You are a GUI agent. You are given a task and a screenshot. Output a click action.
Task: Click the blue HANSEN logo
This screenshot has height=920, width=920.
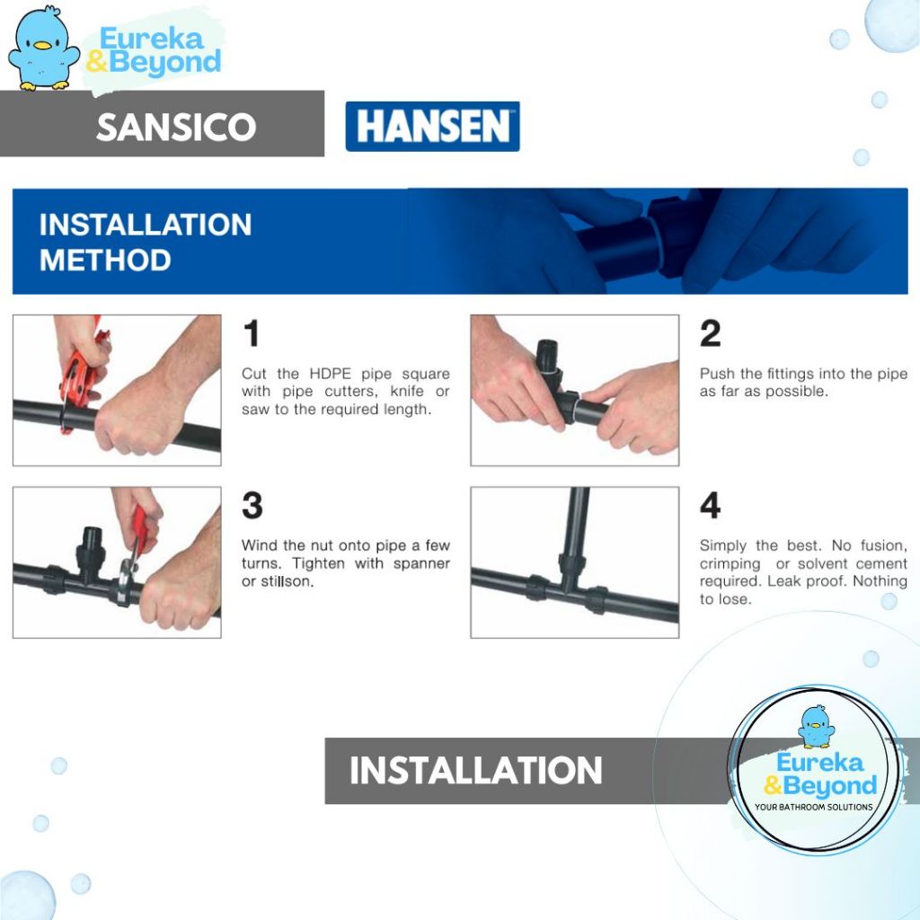(432, 126)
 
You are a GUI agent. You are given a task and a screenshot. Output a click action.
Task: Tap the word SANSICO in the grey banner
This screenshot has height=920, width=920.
(176, 127)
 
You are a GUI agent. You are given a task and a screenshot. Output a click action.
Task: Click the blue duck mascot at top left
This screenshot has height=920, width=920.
(43, 49)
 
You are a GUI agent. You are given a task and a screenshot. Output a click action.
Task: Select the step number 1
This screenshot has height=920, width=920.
(252, 333)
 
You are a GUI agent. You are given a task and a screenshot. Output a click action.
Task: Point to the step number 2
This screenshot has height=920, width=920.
(710, 333)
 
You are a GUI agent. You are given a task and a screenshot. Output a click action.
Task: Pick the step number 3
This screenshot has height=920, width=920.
(252, 505)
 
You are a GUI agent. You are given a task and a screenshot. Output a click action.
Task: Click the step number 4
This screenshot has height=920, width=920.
(710, 505)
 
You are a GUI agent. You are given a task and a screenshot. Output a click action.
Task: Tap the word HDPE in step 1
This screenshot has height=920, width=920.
(331, 374)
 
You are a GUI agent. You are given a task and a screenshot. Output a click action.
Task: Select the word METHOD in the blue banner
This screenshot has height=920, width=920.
(105, 260)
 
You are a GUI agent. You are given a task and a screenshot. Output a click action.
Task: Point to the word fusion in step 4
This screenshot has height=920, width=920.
(884, 545)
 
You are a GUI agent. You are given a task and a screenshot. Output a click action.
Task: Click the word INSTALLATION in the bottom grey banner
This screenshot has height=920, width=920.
(476, 770)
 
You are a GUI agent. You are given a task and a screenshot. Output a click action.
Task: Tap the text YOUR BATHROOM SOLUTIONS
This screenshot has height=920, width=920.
(813, 808)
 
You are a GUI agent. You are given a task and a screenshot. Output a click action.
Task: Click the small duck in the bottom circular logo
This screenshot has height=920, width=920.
(816, 726)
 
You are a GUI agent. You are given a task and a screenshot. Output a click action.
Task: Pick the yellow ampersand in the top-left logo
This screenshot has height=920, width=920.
(97, 61)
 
